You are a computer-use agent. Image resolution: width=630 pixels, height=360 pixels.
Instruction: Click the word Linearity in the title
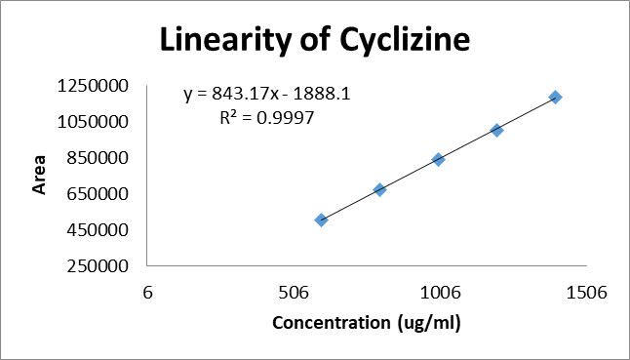click(223, 39)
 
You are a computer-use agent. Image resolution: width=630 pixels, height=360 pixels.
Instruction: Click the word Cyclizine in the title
click(405, 40)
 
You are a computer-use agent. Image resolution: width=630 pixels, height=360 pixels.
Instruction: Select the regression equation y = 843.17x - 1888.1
click(267, 95)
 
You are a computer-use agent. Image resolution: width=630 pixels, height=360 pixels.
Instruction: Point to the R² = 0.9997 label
click(267, 118)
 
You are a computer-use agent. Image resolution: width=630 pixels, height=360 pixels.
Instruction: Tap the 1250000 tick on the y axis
click(93, 87)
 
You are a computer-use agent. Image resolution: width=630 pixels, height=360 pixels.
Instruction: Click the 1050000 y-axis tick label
click(93, 122)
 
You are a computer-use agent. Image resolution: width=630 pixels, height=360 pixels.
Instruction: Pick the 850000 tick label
click(98, 158)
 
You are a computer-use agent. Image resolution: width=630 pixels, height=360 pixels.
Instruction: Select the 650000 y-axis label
click(98, 194)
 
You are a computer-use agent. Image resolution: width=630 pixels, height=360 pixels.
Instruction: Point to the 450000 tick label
click(98, 230)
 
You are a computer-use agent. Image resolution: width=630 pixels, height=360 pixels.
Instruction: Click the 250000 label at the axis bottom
click(98, 266)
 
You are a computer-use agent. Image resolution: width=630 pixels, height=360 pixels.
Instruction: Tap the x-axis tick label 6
click(148, 293)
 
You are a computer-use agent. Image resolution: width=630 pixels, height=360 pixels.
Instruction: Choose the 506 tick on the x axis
click(295, 293)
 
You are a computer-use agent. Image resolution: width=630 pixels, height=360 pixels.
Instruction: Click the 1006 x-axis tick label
click(441, 293)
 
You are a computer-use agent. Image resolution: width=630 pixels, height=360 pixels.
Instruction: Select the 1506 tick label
click(587, 293)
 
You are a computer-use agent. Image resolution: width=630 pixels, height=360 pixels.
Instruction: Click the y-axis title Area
click(39, 175)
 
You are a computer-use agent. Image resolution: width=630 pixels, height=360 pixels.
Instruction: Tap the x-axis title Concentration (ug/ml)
click(367, 323)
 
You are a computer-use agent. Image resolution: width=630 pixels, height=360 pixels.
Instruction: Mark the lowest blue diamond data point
click(321, 220)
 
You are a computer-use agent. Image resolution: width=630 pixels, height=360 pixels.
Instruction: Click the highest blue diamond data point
click(555, 98)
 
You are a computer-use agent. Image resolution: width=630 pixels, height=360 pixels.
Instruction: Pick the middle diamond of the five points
click(438, 159)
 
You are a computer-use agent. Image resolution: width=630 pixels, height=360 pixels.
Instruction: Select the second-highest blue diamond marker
click(497, 130)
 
